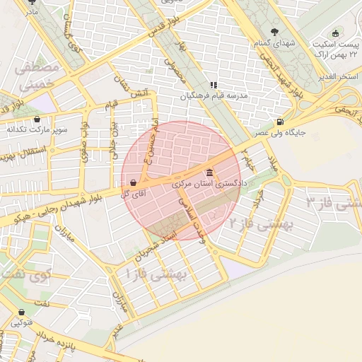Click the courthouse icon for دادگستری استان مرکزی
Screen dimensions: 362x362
click(209, 173)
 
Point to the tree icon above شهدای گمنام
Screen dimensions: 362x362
click(275, 31)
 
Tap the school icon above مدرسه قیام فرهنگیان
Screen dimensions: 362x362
click(214, 86)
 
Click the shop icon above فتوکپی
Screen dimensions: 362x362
click(21, 312)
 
